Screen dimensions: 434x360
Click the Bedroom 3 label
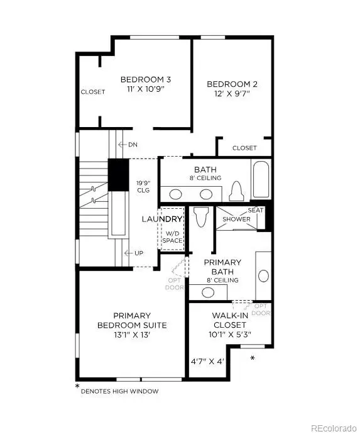(x=146, y=80)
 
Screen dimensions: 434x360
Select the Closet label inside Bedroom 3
(x=93, y=92)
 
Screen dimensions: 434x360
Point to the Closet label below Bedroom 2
(x=244, y=148)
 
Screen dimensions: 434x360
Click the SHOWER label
(x=237, y=220)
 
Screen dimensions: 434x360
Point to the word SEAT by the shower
(x=255, y=210)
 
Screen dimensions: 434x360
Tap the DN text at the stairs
(x=133, y=145)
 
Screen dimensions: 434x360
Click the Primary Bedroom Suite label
(x=131, y=320)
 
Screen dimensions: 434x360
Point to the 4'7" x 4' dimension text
(x=207, y=361)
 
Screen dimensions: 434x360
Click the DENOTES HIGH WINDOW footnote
(x=119, y=391)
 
